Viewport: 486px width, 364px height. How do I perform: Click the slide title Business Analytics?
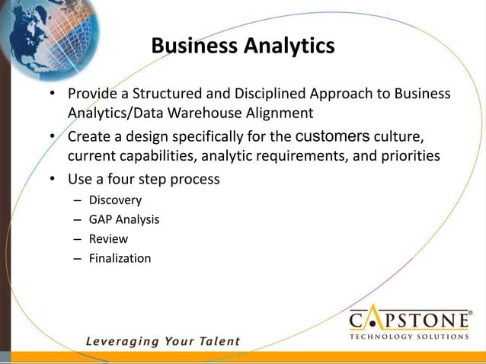point(242,46)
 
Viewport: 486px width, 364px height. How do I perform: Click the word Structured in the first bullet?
point(165,96)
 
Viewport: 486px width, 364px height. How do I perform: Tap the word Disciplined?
point(262,96)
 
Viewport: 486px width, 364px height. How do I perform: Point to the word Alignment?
point(282,113)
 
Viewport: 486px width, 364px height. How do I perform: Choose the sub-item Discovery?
point(115,201)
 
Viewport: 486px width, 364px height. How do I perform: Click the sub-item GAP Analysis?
point(124,220)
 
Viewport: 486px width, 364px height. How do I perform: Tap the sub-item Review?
point(108,239)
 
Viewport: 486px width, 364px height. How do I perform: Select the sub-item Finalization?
point(120,258)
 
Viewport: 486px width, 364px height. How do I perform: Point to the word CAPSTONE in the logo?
point(409,319)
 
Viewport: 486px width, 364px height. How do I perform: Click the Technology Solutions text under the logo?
point(409,336)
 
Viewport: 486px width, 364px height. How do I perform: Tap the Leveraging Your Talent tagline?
point(162,342)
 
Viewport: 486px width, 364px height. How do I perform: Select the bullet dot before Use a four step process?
point(52,181)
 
